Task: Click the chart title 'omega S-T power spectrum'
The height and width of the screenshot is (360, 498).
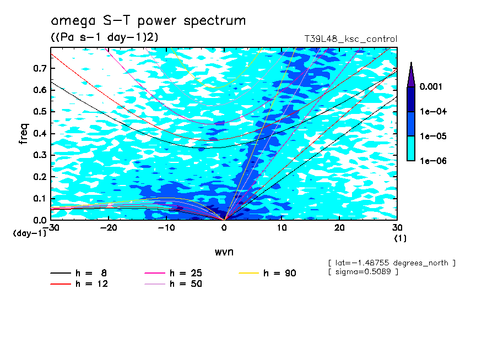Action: tap(148, 21)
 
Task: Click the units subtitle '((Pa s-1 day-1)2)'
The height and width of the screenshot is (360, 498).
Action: tap(101, 37)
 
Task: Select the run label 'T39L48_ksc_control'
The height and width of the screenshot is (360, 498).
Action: tap(350, 39)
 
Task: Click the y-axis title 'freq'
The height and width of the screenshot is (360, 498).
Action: tap(24, 134)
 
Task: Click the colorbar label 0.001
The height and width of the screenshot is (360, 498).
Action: tap(432, 87)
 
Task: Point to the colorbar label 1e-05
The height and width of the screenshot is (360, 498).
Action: tap(433, 136)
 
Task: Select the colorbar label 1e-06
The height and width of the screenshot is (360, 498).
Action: tap(433, 161)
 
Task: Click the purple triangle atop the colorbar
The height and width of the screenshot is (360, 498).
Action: tap(411, 74)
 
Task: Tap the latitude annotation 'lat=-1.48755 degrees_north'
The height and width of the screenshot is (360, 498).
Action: tap(392, 263)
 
